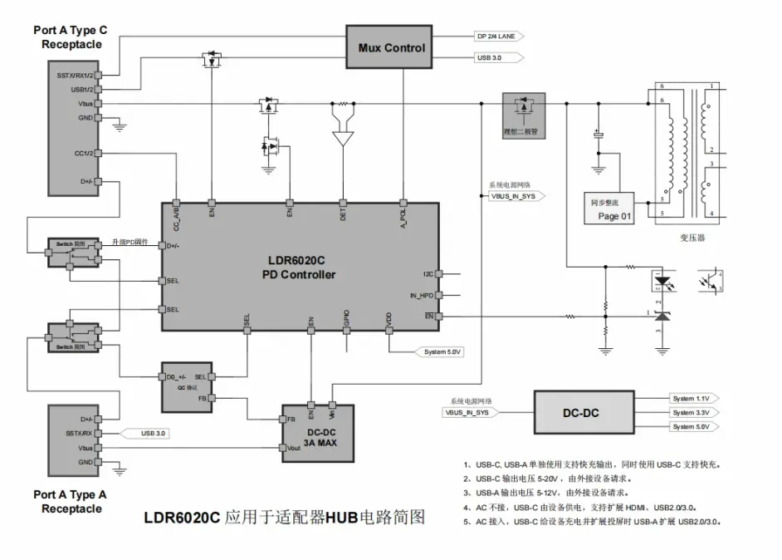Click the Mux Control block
pyautogui.click(x=391, y=47)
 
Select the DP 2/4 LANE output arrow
pyautogui.click(x=496, y=37)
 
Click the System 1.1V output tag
pyautogui.click(x=694, y=399)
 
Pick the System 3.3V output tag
pyautogui.click(x=694, y=412)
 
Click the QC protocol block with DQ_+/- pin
pyautogui.click(x=188, y=386)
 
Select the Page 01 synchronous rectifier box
pyautogui.click(x=615, y=210)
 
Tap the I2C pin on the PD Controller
pyautogui.click(x=429, y=273)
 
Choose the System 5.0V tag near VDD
pyautogui.click(x=442, y=351)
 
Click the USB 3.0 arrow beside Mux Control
pyautogui.click(x=496, y=58)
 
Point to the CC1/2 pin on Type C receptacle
pyautogui.click(x=84, y=153)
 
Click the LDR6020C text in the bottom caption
pyautogui.click(x=181, y=518)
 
